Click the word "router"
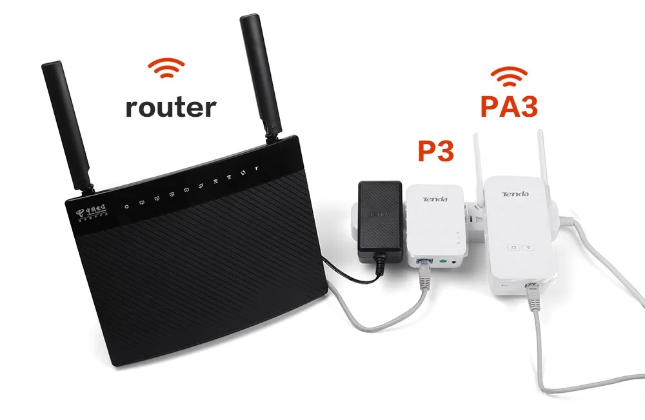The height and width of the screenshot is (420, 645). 170,106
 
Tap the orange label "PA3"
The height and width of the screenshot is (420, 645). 508,106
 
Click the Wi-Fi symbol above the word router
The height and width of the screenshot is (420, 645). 166,68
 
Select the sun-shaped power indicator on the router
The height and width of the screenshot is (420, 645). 127,206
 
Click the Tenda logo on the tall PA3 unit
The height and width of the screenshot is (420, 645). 516,194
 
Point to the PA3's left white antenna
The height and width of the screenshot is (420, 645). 480,161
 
